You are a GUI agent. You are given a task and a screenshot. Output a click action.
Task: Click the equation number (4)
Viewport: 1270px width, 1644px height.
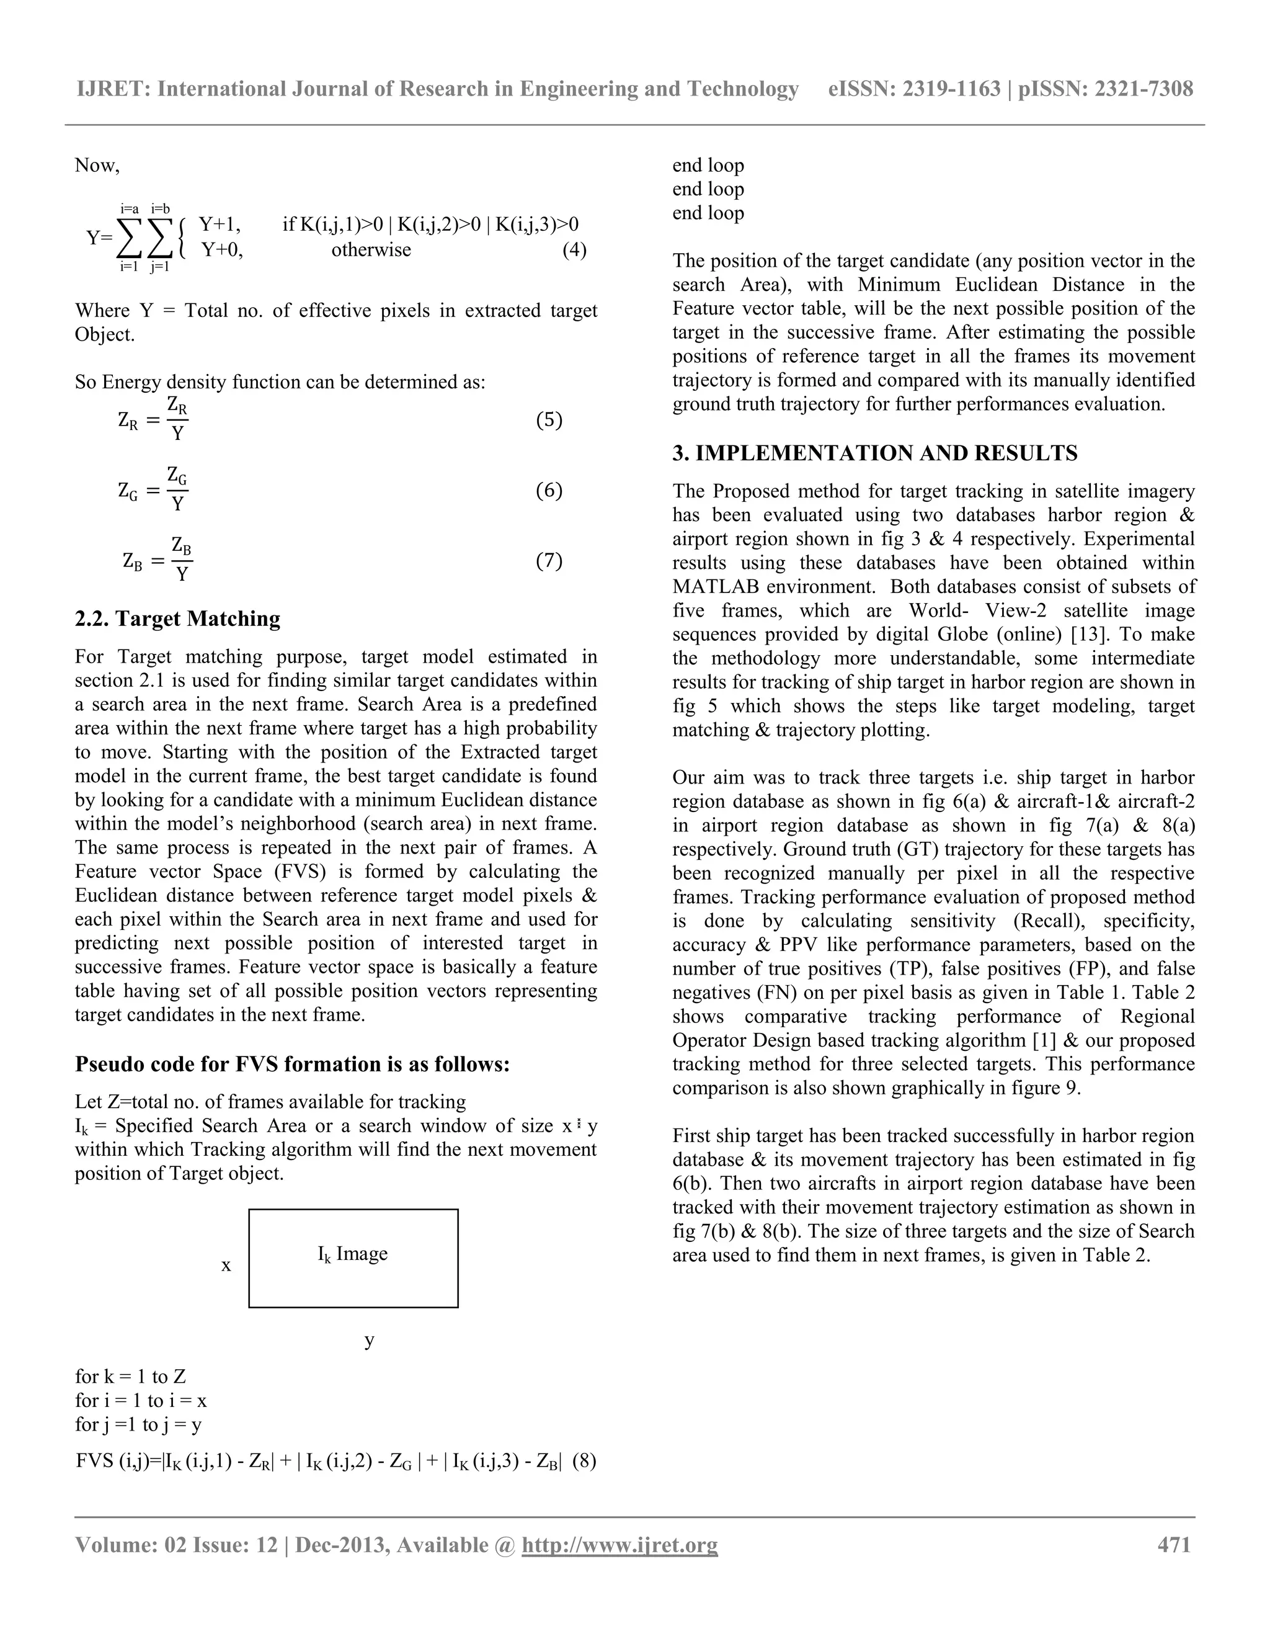[574, 250]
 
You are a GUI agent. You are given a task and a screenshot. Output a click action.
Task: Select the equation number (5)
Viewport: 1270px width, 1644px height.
[548, 420]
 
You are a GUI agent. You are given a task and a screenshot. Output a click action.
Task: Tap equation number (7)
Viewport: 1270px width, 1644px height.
[548, 561]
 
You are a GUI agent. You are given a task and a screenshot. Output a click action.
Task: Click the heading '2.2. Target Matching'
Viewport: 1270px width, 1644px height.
[177, 619]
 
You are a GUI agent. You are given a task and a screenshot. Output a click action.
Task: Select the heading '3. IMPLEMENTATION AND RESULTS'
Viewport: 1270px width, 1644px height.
[875, 453]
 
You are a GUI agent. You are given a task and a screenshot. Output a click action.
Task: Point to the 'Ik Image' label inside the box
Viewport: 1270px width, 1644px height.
[352, 1254]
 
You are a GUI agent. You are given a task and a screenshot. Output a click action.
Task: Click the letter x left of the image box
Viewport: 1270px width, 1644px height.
[226, 1266]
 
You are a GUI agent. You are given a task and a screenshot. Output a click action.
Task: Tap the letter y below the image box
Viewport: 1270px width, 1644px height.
[370, 1339]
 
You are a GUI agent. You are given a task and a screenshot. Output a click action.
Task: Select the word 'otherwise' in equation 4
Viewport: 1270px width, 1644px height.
[371, 250]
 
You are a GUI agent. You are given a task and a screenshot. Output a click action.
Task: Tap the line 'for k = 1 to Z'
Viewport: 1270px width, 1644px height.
[130, 1377]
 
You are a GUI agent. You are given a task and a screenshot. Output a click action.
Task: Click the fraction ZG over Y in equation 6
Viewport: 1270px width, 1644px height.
[177, 489]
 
